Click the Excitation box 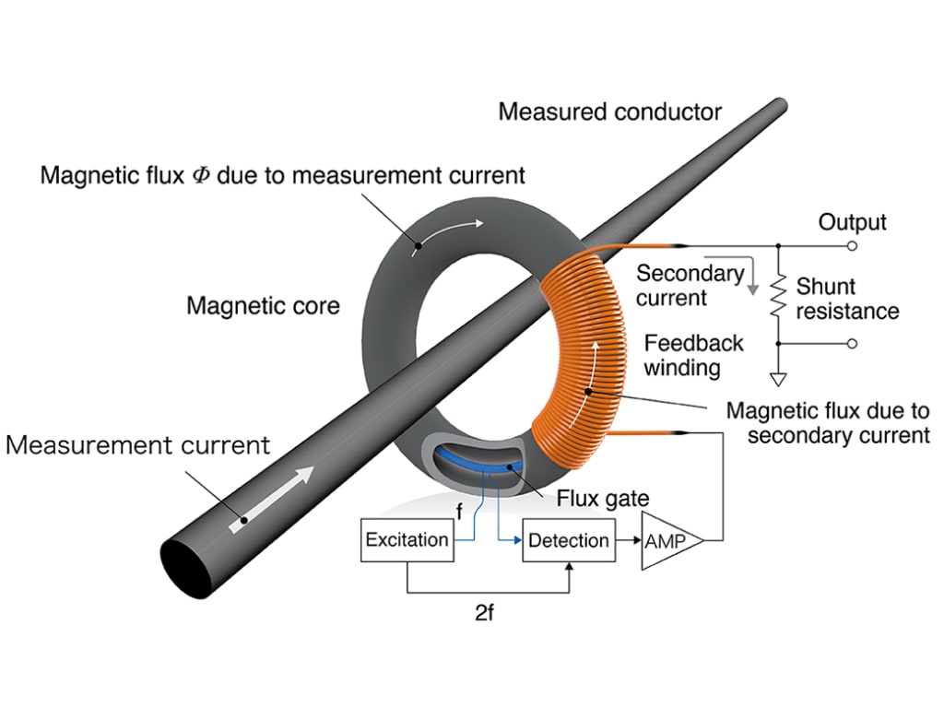[407, 540]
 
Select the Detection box [569, 540]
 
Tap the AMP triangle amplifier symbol [667, 541]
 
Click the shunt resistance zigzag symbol [778, 294]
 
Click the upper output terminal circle [852, 246]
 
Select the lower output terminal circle [852, 344]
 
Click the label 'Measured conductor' [609, 112]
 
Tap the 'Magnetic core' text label [263, 305]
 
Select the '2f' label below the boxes [485, 614]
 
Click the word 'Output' [852, 222]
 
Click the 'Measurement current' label [137, 446]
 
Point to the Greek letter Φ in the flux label [200, 175]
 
